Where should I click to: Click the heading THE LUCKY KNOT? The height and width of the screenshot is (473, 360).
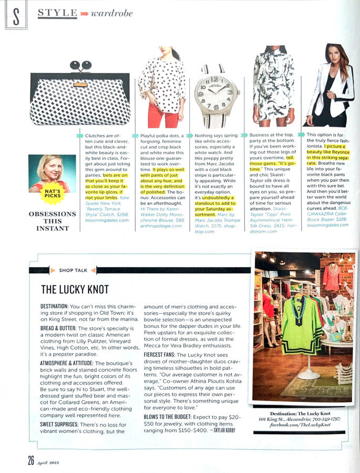[75, 289]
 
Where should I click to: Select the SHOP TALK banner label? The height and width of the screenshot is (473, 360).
[73, 270]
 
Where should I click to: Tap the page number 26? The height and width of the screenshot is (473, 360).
[31, 460]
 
